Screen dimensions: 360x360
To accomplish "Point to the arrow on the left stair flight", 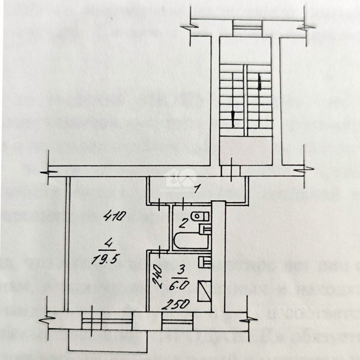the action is (233, 118).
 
